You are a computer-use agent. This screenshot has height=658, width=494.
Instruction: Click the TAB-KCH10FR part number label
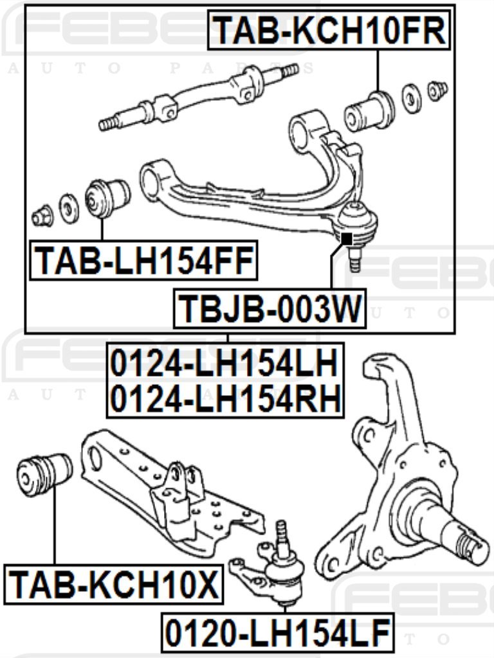pos(329,30)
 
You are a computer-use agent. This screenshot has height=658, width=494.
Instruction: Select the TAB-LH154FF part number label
pos(143,261)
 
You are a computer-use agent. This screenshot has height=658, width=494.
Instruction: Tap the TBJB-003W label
pos(268,308)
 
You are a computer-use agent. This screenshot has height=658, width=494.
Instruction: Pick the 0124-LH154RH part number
pos(224,398)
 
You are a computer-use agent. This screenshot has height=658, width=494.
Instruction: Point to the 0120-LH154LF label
pos(277,634)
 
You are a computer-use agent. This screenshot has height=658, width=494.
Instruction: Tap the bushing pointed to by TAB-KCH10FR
pos(369,111)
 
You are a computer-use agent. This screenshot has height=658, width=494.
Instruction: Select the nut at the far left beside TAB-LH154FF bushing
pos(42,216)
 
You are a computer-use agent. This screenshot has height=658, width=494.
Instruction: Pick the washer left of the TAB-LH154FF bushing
pos(69,208)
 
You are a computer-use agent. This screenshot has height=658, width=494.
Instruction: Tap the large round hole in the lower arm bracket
pos(95,458)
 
